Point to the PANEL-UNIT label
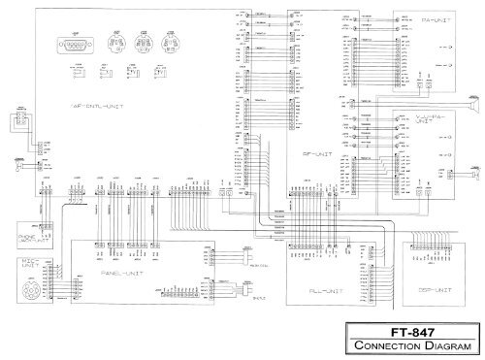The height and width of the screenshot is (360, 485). [120, 275]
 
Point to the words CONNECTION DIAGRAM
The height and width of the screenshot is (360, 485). [416, 344]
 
